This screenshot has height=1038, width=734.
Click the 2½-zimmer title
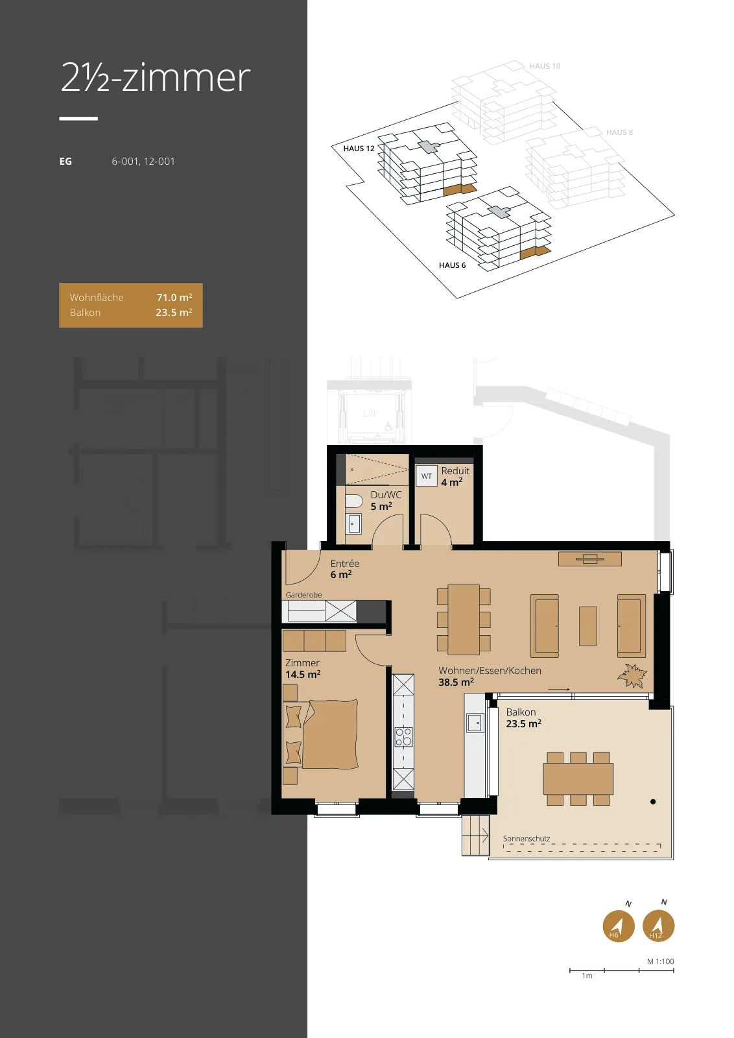click(155, 77)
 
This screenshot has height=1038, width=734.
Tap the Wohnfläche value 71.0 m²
click(174, 298)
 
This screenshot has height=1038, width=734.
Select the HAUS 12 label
click(359, 149)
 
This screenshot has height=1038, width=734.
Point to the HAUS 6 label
click(452, 265)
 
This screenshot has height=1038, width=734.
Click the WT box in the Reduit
click(427, 476)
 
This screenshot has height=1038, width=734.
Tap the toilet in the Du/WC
click(354, 502)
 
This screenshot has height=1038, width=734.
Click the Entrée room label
click(344, 564)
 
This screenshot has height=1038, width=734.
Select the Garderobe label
click(303, 595)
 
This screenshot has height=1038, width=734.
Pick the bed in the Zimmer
click(330, 734)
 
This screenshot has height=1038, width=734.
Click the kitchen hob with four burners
click(403, 736)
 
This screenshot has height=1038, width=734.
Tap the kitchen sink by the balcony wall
click(475, 723)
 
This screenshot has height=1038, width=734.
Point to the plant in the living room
click(632, 675)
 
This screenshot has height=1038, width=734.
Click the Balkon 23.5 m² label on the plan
click(523, 718)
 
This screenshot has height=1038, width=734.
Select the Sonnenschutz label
click(527, 839)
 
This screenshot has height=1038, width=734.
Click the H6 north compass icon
click(618, 926)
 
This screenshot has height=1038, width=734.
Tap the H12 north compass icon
click(659, 925)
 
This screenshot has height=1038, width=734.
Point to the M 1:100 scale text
click(660, 961)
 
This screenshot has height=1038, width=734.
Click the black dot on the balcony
click(653, 802)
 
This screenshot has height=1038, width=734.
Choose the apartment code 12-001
click(160, 162)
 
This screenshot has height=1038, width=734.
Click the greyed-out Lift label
click(370, 413)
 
